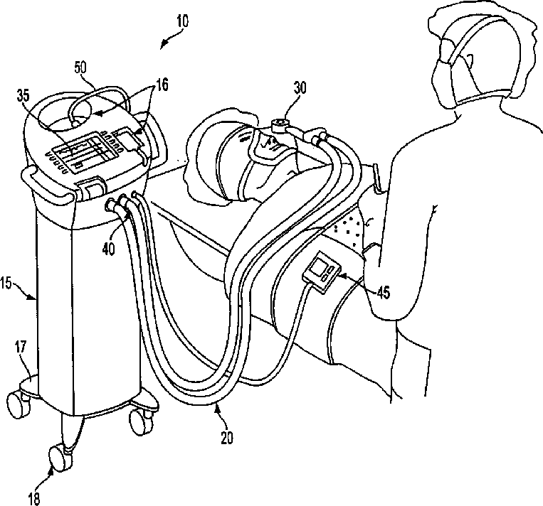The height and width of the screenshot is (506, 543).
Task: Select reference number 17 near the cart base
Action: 21,348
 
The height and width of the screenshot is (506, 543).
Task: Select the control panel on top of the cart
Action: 89,151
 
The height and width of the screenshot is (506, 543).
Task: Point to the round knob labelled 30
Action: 279,126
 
